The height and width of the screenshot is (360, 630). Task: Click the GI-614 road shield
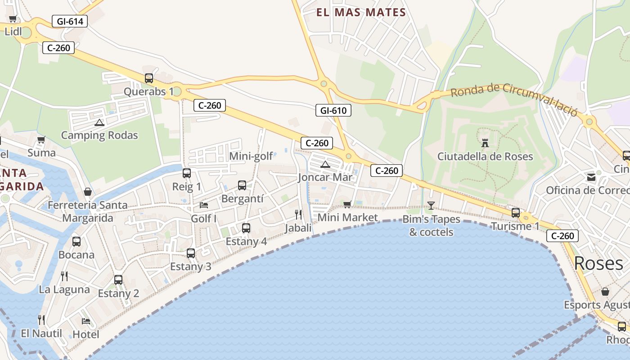[x=69, y=21]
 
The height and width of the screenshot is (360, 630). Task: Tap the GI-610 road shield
[x=333, y=110]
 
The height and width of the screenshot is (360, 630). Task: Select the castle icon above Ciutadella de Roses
[x=485, y=143]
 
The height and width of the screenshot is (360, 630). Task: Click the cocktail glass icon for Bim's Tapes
[x=431, y=206]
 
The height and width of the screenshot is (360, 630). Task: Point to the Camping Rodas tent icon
[x=99, y=122]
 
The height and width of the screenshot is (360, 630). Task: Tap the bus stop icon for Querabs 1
[x=149, y=78]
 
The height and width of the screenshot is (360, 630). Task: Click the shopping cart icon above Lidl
[x=13, y=19]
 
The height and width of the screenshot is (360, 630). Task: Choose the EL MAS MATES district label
[x=361, y=13]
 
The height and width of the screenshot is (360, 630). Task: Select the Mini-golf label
[x=251, y=156]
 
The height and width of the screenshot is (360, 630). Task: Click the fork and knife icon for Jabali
[x=298, y=214]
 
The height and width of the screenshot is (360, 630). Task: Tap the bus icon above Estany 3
[x=191, y=253]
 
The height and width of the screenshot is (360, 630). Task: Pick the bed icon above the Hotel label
[x=86, y=321]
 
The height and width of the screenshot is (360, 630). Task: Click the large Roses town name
[x=598, y=263]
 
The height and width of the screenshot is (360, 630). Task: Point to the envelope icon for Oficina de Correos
[x=591, y=177]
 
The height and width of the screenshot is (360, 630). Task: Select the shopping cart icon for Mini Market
[x=347, y=205]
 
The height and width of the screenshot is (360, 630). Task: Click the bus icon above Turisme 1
[x=516, y=213]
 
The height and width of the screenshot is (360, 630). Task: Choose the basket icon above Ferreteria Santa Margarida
[x=88, y=192]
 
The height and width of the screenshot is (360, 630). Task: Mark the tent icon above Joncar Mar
[x=325, y=165]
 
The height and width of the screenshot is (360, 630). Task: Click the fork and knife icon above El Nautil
[x=41, y=320]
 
